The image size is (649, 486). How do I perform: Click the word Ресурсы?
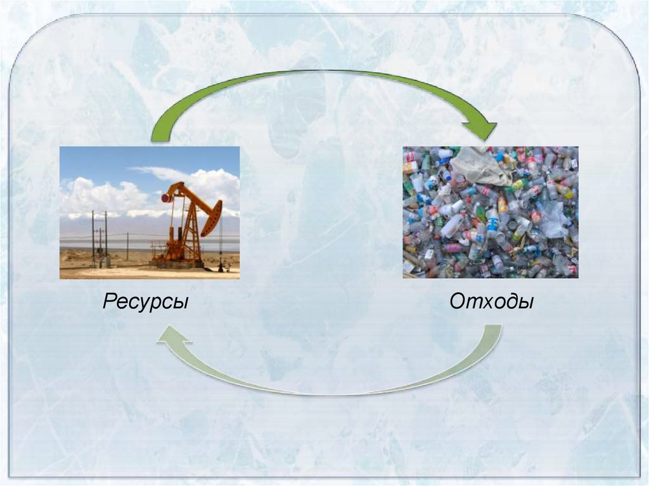pyautogui.click(x=145, y=302)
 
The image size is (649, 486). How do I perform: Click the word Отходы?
pyautogui.click(x=491, y=302)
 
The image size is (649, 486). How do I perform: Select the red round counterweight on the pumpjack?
pyautogui.click(x=167, y=198)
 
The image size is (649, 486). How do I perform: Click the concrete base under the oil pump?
pyautogui.click(x=177, y=264)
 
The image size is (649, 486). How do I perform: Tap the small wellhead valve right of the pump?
pyautogui.click(x=221, y=265)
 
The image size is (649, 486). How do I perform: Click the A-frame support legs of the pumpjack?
pyautogui.click(x=185, y=232)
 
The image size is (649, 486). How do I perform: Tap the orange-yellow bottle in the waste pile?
pyautogui.click(x=502, y=205)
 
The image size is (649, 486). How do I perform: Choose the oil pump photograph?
pyautogui.click(x=150, y=212)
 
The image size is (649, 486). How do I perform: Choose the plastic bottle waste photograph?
pyautogui.click(x=491, y=212)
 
